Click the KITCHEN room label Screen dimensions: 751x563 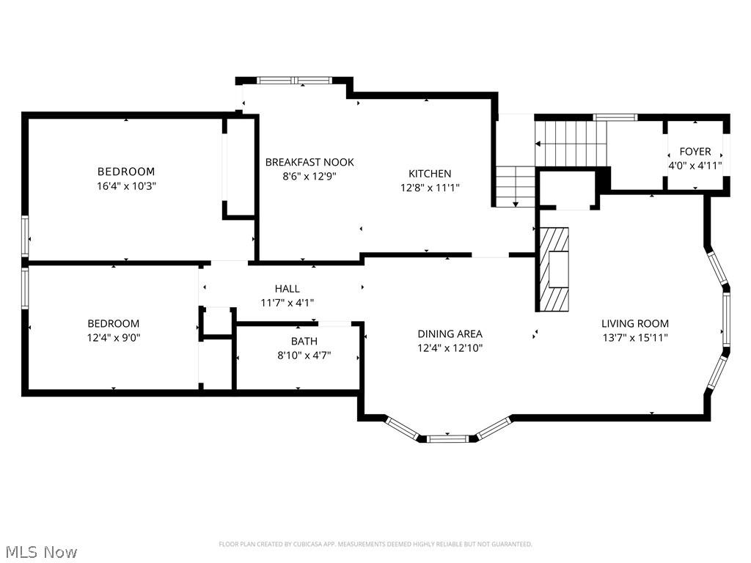pos(430,174)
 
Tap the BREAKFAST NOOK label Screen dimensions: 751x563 pos(309,162)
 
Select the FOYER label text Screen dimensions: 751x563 pos(695,152)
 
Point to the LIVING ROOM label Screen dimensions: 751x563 pos(635,323)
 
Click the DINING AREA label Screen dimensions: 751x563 pos(450,334)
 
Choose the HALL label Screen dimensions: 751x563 pos(287,289)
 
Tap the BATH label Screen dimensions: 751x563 pos(304,342)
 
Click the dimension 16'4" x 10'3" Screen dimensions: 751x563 pos(126,185)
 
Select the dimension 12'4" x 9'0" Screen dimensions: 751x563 pos(114,337)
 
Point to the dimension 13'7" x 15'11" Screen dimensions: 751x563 pos(635,337)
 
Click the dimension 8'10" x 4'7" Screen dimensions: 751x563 pos(304,356)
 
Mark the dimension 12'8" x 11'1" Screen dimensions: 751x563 pos(430,188)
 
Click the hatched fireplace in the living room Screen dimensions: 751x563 pos(554,269)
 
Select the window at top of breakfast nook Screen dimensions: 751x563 pos(294,81)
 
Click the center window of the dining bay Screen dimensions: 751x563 pos(447,438)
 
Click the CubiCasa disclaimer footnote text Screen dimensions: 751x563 pos(375,545)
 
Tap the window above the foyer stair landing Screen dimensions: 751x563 pos(615,117)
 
